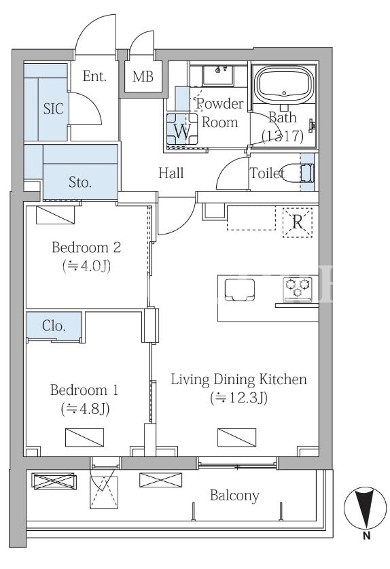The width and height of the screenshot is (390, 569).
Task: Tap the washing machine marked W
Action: (182, 130)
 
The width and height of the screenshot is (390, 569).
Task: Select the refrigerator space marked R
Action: (298, 222)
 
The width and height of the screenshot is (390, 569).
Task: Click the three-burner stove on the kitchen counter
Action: (298, 289)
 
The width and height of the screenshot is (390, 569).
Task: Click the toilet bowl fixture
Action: (298, 172)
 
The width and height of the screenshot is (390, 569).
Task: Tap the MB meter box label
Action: (143, 76)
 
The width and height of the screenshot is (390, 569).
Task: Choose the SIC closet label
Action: (53, 109)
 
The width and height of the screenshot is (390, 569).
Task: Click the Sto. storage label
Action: (79, 182)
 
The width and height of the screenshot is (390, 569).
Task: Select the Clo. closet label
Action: (54, 326)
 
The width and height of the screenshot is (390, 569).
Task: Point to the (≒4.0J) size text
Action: (86, 266)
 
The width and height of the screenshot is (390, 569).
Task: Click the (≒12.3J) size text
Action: (239, 398)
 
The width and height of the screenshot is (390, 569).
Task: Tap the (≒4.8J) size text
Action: (85, 409)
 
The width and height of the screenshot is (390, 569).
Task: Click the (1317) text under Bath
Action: (283, 136)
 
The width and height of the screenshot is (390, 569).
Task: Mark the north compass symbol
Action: (366, 507)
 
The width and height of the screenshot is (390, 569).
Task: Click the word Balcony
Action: (234, 496)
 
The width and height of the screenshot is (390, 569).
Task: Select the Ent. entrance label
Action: (94, 76)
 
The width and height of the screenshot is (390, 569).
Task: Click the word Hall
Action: (171, 173)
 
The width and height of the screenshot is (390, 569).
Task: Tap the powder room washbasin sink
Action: (218, 75)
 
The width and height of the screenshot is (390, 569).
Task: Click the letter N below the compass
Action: (366, 535)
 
